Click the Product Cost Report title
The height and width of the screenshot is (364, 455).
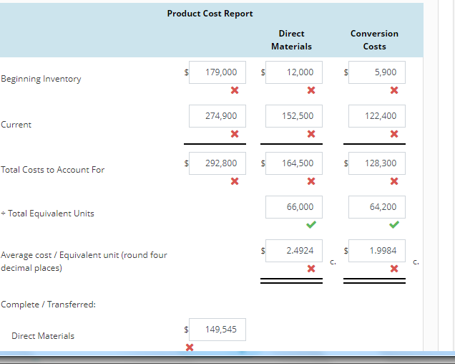click(x=210, y=14)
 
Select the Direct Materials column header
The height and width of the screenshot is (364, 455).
click(x=291, y=40)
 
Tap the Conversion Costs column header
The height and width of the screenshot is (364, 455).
click(x=374, y=40)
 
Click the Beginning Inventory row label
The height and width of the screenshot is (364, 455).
click(x=41, y=79)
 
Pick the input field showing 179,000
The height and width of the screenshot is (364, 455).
click(x=217, y=72)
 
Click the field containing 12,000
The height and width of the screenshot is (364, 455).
click(x=294, y=72)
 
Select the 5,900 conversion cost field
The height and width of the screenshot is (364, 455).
click(x=377, y=72)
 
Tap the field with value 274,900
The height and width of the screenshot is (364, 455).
click(x=217, y=115)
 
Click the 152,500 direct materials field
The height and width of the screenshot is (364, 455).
click(x=294, y=115)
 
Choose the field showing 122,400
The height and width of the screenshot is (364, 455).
click(x=377, y=115)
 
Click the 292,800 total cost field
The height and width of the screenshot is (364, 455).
click(x=217, y=163)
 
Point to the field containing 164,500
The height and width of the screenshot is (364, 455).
click(x=294, y=163)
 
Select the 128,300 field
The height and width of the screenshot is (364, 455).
click(x=377, y=163)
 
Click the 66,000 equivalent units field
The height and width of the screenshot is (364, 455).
click(x=294, y=207)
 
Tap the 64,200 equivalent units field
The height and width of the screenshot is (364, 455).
click(x=377, y=207)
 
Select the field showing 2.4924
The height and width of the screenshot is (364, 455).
click(x=294, y=251)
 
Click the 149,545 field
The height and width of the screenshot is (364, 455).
click(x=217, y=330)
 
